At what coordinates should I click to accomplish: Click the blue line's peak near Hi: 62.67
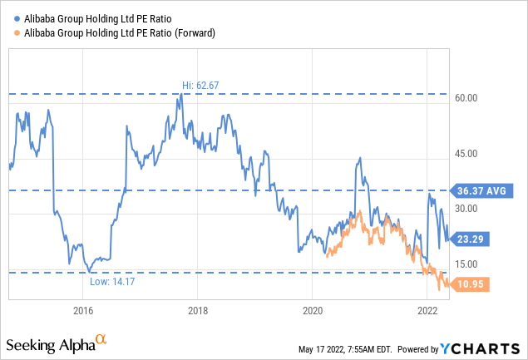(181, 95)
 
